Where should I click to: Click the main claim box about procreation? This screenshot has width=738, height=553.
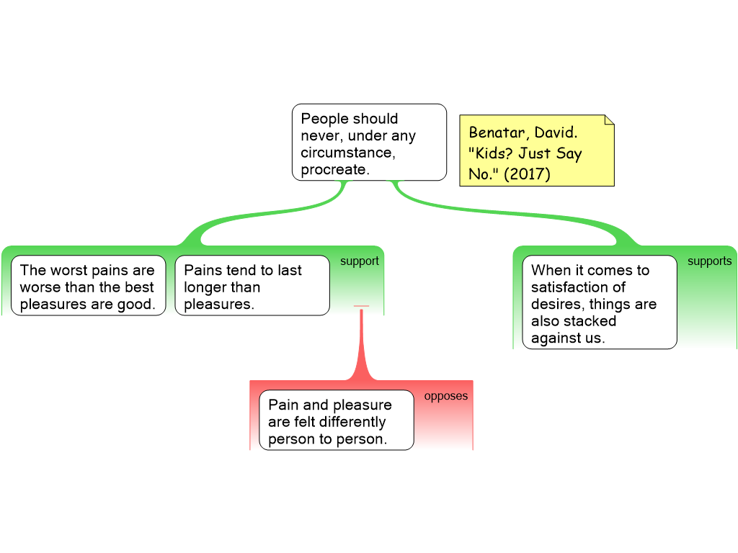click(x=369, y=142)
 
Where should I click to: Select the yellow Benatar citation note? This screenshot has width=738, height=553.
click(x=536, y=151)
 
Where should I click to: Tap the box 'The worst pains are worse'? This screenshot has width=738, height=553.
click(x=88, y=287)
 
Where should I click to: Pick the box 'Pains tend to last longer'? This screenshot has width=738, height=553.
click(x=252, y=287)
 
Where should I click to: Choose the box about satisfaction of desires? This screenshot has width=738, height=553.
click(x=599, y=303)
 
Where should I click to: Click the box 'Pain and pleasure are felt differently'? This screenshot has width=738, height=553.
click(x=336, y=421)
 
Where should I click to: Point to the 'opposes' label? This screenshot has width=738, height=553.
click(x=445, y=396)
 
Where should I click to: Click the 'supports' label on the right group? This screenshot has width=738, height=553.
click(x=709, y=261)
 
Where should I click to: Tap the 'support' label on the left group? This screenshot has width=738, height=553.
click(x=359, y=261)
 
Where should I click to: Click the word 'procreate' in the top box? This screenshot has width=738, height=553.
click(x=334, y=170)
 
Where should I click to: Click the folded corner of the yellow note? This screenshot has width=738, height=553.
click(x=609, y=120)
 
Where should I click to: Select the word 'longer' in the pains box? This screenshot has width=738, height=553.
click(x=202, y=287)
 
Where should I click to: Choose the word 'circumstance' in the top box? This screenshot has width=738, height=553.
click(x=347, y=153)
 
